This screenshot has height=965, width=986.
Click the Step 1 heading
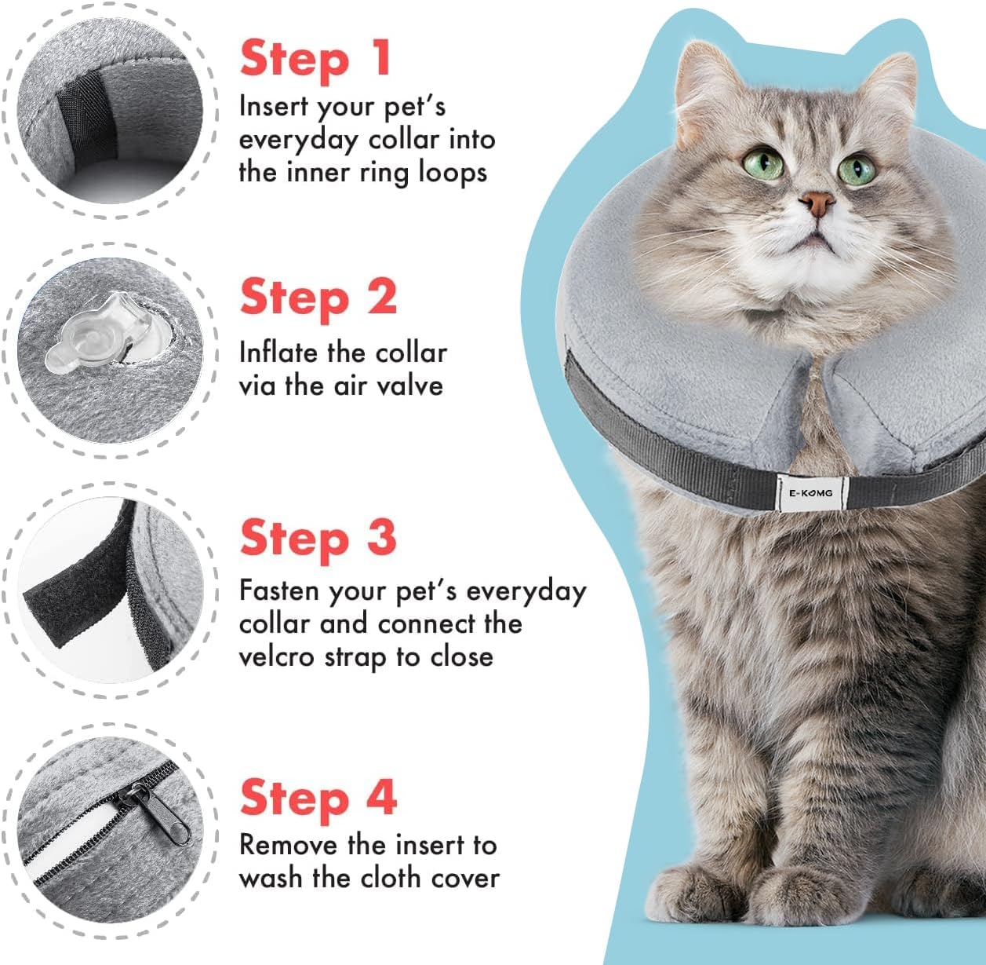point(315,60)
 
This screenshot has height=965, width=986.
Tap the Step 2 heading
point(318,298)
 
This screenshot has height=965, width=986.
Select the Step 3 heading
point(318,539)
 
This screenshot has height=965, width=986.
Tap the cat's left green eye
point(762,163)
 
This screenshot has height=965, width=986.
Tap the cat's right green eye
point(856,170)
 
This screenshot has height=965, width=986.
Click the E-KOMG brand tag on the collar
point(811,493)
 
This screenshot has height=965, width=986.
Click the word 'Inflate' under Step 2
point(280,353)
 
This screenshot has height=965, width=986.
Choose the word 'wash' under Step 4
point(271,879)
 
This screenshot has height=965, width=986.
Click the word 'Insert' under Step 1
point(274,107)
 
